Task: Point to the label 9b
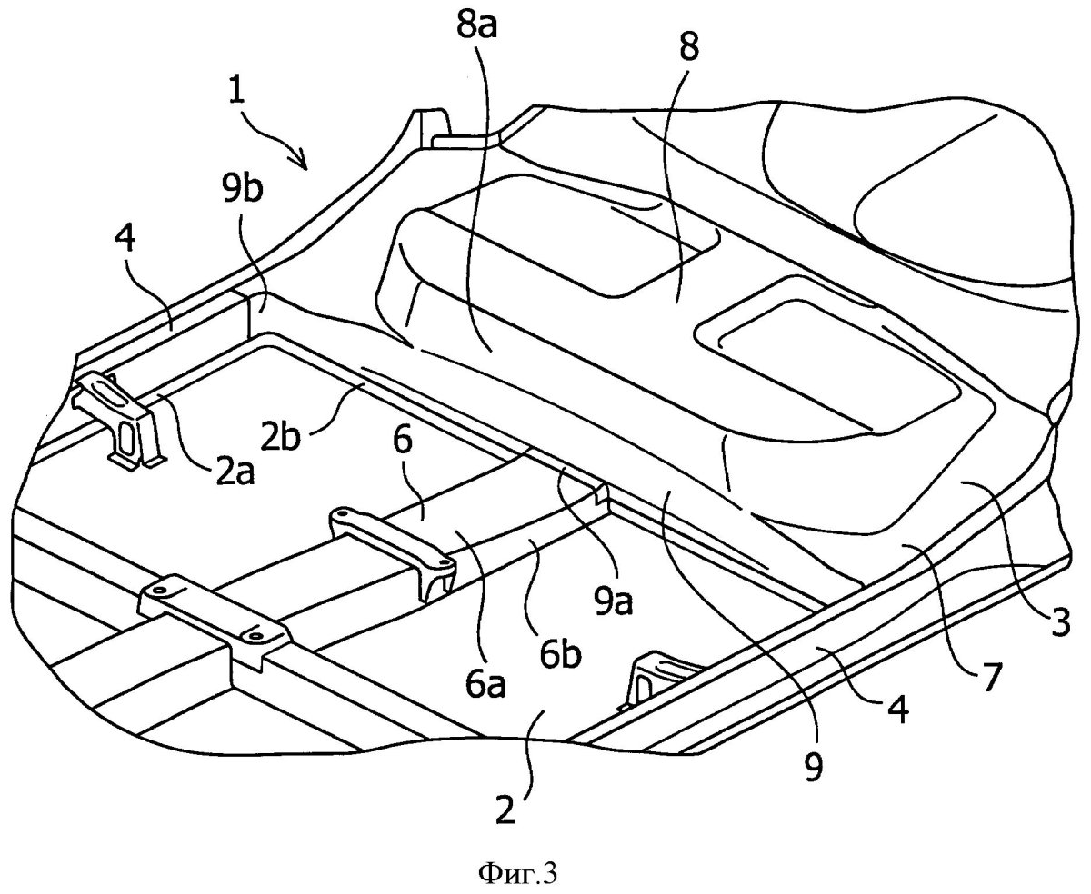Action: [x=242, y=188]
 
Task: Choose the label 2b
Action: [x=280, y=437]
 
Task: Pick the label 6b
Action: [x=560, y=653]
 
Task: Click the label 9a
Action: [x=613, y=600]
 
